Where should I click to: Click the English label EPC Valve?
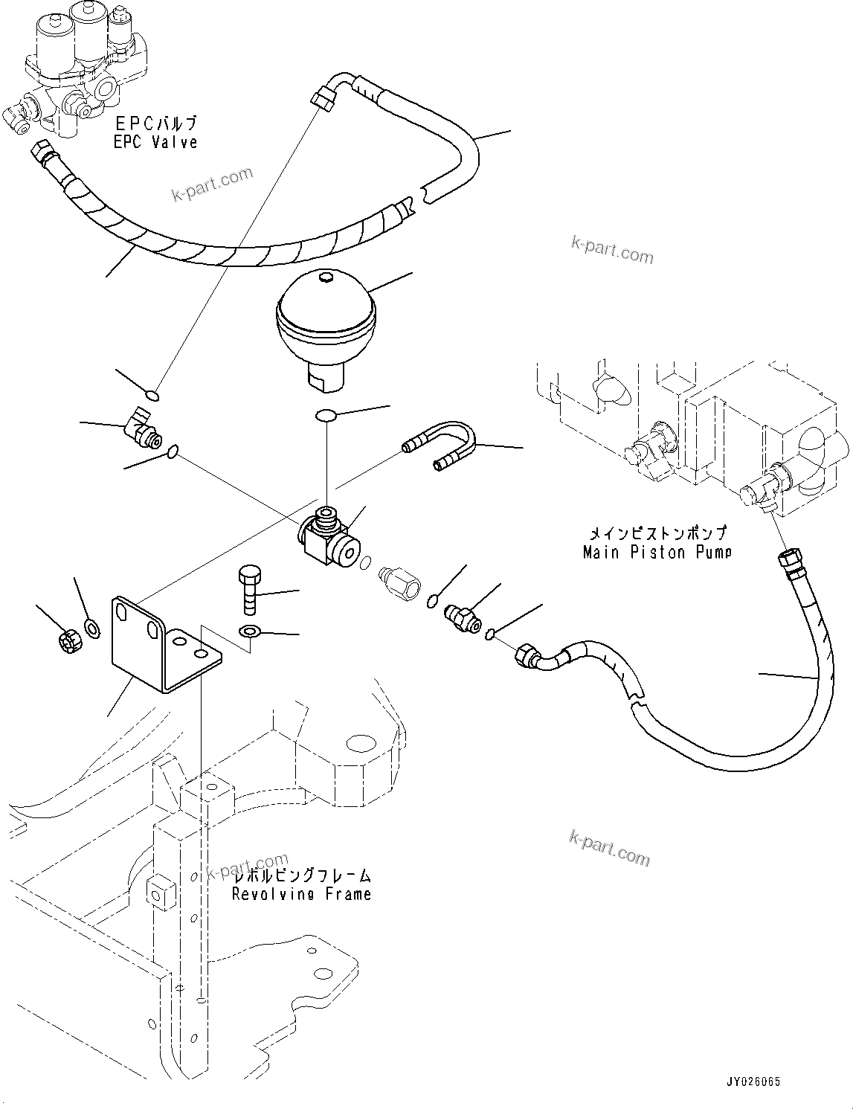(155, 142)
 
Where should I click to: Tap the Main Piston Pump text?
(657, 552)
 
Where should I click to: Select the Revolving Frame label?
(301, 894)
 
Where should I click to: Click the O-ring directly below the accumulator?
(325, 415)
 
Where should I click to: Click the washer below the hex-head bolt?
(248, 632)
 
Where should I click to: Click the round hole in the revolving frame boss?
(361, 743)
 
